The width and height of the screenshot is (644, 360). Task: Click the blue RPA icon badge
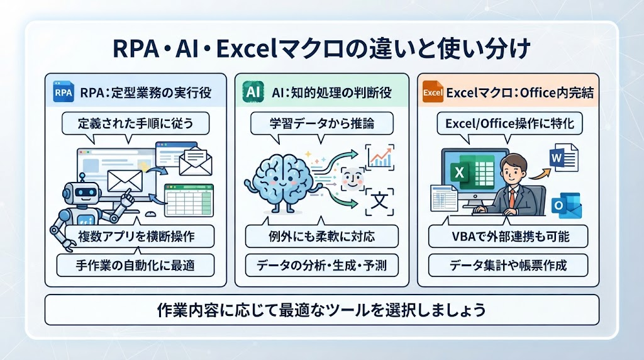pos(64,92)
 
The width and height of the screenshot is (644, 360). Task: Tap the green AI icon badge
pos(253,92)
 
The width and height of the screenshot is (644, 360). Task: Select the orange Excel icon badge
pos(433,92)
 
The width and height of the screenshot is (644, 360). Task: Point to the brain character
pos(282,181)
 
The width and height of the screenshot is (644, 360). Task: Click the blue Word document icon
pos(563,157)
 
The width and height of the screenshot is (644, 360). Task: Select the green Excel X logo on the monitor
pos(460,172)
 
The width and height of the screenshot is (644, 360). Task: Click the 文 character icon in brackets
pos(379,201)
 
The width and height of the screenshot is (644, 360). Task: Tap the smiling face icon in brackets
pos(352,179)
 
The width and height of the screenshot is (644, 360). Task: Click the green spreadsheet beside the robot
pos(189,200)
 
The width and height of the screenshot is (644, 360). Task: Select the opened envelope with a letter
pos(196,161)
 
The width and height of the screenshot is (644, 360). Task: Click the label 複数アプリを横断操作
pos(136,236)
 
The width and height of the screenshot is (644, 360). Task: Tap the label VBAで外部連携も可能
pos(511,236)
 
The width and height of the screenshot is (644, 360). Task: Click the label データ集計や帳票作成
pos(508,266)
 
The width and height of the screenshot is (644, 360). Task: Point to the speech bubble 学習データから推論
pos(321,124)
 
